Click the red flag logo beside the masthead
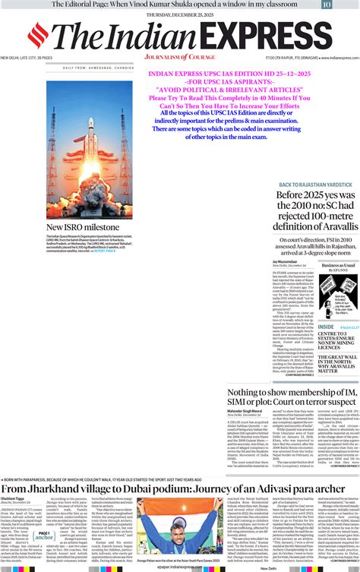(37, 34)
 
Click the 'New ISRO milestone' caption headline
(83, 227)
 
